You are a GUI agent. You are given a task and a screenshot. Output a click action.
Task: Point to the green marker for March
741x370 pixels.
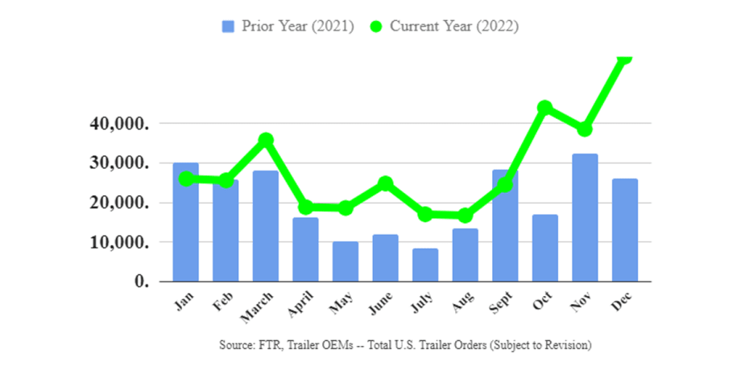tap(265, 140)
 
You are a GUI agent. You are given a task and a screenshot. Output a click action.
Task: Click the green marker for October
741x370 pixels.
tap(544, 108)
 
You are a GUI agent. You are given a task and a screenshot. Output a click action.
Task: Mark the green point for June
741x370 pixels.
tap(385, 183)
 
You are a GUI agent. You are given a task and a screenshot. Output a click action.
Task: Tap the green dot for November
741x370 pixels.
tap(585, 129)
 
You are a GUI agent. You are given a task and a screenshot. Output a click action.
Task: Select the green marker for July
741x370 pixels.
tap(425, 214)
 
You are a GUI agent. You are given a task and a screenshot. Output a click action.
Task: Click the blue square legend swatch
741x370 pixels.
tap(228, 27)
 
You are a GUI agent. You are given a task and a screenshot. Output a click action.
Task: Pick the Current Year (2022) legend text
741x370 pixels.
tap(454, 27)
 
